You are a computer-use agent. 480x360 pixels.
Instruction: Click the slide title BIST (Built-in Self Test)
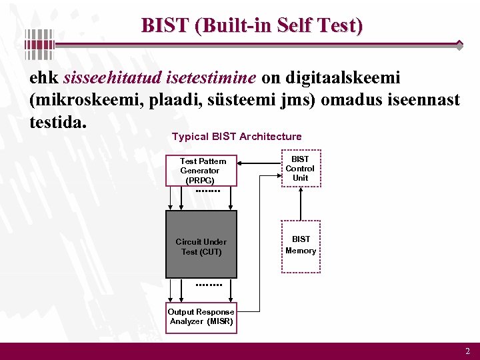pos(252,26)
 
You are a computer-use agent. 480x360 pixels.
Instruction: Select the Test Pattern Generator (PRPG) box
pos(202,171)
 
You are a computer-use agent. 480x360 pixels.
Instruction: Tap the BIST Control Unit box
pos(300,169)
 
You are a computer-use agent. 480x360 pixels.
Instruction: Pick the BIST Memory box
pos(301,245)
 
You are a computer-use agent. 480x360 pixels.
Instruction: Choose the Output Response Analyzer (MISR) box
pos(201,317)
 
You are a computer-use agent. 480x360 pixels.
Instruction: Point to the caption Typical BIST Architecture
pos(237,137)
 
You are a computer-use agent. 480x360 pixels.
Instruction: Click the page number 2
pos(467,351)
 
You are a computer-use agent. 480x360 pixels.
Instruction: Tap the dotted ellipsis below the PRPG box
pos(207,191)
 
